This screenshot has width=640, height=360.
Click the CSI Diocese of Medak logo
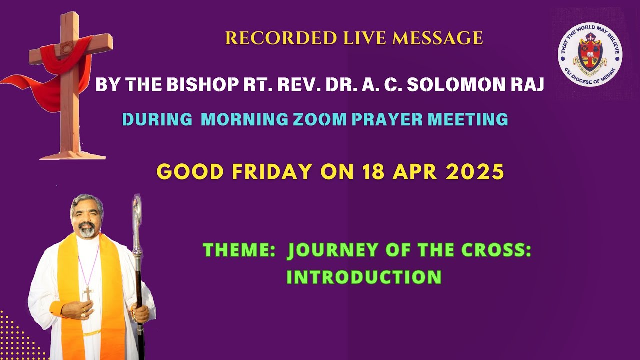pyautogui.click(x=590, y=54)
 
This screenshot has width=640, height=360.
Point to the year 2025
pyautogui.click(x=474, y=171)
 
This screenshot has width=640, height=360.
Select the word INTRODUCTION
pyautogui.click(x=364, y=277)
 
